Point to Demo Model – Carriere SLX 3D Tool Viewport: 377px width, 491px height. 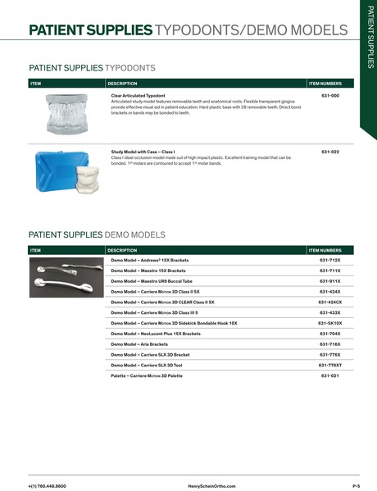point(147,365)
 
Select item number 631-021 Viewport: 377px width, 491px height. point(329,375)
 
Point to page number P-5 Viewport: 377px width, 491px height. point(357,485)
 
